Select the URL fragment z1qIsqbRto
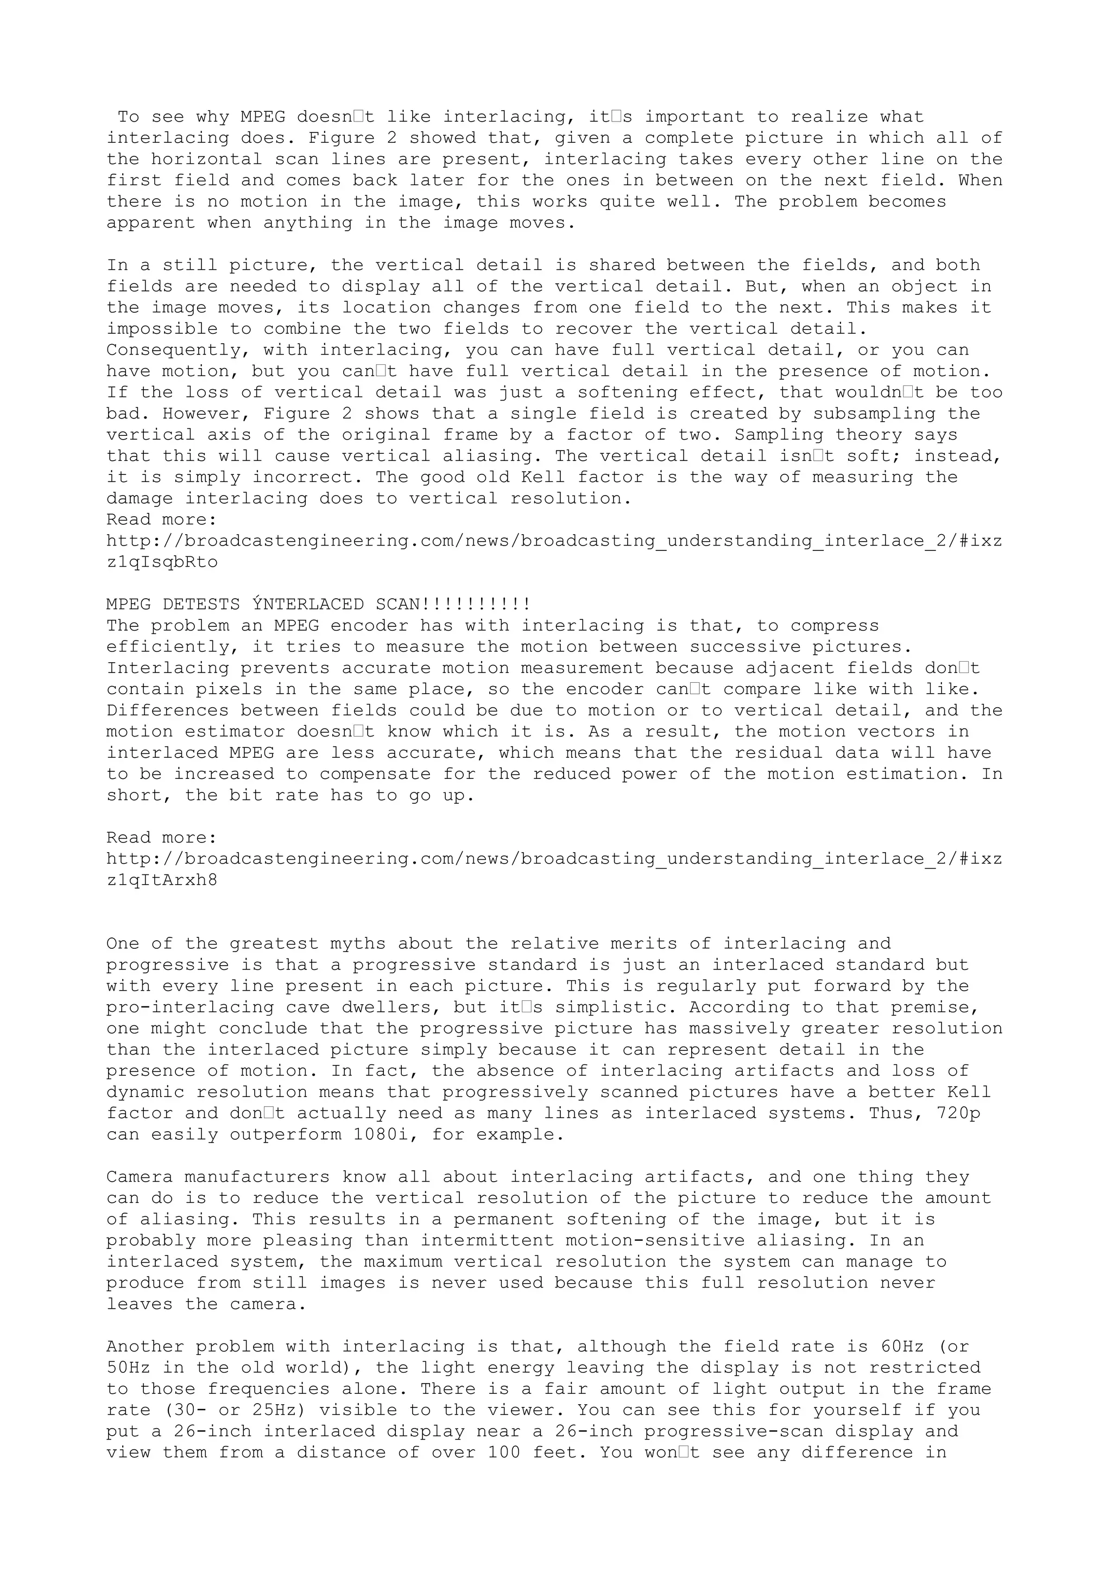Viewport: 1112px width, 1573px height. tap(162, 562)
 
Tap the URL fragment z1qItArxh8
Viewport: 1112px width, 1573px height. tap(162, 880)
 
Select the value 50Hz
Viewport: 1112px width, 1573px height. tap(128, 1367)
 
